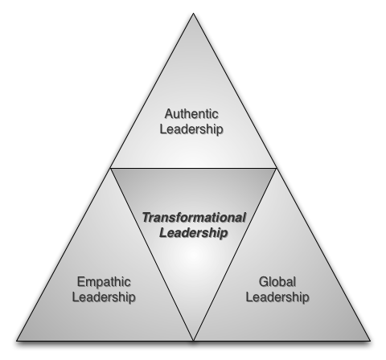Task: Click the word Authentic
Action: [191, 114]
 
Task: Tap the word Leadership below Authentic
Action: [191, 129]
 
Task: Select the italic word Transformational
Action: [194, 218]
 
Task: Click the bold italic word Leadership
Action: [194, 232]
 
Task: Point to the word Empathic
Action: [104, 282]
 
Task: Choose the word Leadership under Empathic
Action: [104, 297]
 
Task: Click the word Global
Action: [277, 282]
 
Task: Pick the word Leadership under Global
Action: [277, 297]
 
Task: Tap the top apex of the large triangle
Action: [193, 14]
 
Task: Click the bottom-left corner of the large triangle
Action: [17, 341]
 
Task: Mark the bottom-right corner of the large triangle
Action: [371, 341]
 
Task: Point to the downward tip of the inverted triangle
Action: [193, 341]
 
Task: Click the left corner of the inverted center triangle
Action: [110, 168]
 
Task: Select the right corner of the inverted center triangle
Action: [277, 168]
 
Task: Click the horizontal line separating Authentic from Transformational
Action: [193, 168]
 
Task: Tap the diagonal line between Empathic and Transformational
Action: [152, 255]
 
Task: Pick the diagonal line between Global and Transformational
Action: [235, 255]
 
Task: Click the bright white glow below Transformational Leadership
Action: [193, 256]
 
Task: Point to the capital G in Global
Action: [264, 282]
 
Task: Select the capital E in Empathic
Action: [81, 281]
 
